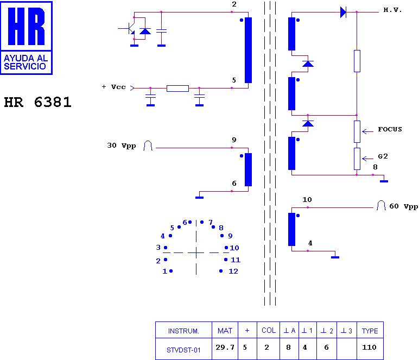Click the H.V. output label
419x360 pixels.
[x=392, y=10]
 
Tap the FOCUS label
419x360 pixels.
[x=390, y=129]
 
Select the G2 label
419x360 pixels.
[x=383, y=156]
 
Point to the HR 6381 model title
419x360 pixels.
[x=37, y=102]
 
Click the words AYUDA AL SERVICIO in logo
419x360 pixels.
[x=26, y=62]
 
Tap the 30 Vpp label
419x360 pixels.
[x=122, y=146]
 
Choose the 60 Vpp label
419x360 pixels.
[x=403, y=206]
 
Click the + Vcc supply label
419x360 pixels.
[x=113, y=87]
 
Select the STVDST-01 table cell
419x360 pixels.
[x=183, y=350]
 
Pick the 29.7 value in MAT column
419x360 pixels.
[x=225, y=347]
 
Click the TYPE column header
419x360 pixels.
[x=370, y=331]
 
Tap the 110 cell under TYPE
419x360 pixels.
[x=369, y=347]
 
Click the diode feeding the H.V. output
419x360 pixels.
[x=343, y=12]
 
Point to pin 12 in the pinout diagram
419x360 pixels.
[x=221, y=271]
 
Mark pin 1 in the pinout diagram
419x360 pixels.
[x=171, y=271]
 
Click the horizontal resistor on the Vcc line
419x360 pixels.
[x=177, y=88]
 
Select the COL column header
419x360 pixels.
[x=269, y=331]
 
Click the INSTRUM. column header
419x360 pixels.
[x=183, y=331]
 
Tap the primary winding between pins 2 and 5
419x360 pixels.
[x=248, y=50]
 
